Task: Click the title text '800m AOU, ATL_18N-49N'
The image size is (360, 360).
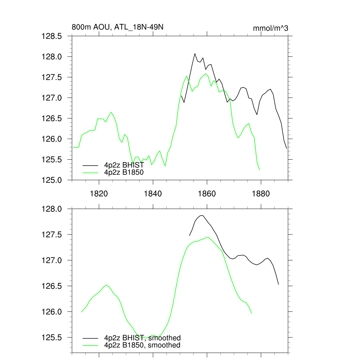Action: coord(117,27)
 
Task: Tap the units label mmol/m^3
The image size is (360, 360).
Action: coord(270,28)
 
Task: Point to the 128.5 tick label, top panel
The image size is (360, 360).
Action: coord(52,36)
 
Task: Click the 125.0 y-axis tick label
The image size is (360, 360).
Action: coord(52,180)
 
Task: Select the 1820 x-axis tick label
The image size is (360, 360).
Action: coord(99,194)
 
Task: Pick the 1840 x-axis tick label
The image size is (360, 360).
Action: coord(153,194)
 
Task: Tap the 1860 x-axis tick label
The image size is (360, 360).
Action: coord(207,194)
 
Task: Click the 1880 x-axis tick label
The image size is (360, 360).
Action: coord(261,194)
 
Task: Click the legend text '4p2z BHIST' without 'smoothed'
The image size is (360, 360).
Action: coord(124,165)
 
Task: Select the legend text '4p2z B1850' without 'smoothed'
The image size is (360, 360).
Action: coord(124,172)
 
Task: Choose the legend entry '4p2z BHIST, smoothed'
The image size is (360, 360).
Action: coord(142,338)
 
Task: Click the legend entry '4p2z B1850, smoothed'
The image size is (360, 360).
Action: coord(142,345)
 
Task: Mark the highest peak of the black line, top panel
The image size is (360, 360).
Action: coord(195,54)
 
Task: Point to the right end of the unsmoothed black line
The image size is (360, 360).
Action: coord(287,148)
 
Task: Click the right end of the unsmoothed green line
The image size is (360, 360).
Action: coord(259,170)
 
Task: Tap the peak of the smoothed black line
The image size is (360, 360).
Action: coord(202,216)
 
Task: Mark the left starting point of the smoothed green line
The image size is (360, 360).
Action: coord(82,312)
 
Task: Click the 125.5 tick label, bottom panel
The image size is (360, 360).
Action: coord(52,337)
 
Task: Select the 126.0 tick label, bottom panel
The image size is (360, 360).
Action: coord(52,312)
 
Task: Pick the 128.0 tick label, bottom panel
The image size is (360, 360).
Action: coord(52,209)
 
